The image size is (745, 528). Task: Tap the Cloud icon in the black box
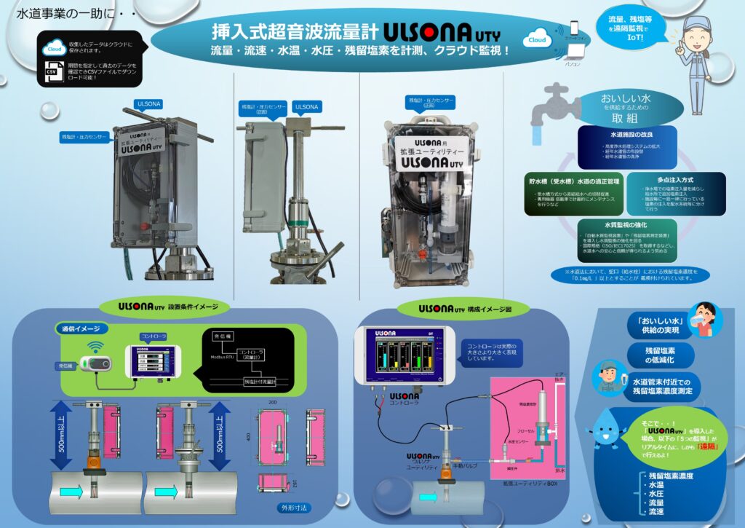point(54,48)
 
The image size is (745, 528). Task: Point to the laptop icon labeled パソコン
point(573,52)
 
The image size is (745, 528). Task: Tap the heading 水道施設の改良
point(626,135)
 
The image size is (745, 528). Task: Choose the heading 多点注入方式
point(676,179)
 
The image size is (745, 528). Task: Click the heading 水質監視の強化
point(626,226)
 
